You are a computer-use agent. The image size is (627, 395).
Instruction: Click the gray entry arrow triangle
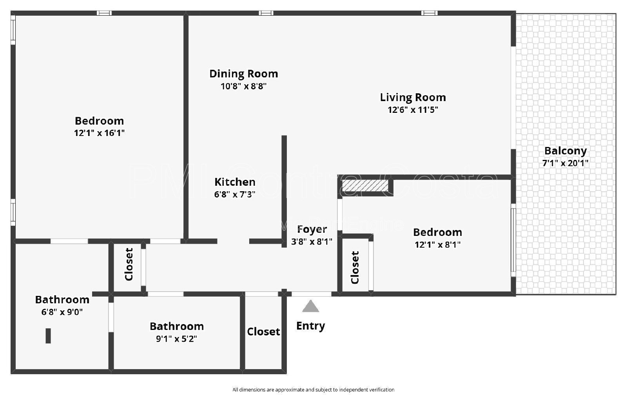coord(310,306)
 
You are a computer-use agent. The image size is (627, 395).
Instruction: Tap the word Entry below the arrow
coord(310,326)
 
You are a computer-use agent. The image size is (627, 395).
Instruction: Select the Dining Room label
coord(243,74)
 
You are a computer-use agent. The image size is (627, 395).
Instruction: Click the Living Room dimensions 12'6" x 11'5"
coord(413,109)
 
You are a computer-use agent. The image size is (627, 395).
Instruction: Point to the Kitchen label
coord(235,182)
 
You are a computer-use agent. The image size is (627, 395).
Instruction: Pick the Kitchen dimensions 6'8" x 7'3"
coord(235,194)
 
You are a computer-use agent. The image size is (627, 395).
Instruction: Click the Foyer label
coord(312,230)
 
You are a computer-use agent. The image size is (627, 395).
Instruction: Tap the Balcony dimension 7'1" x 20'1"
coord(565,163)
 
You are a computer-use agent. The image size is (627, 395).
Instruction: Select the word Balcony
coord(565,151)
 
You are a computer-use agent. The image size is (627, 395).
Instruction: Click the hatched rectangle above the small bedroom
coord(365,186)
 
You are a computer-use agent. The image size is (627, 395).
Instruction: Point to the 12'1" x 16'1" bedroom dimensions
coord(99,133)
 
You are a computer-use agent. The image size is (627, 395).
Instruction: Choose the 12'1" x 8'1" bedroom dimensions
coord(437,245)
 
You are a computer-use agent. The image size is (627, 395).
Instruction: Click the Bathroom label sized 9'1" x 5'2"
coord(177,326)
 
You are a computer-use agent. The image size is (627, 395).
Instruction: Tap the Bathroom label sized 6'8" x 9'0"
coord(62,300)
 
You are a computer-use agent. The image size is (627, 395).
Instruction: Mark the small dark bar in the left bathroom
coord(48,336)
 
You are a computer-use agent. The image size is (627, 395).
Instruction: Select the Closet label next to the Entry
coord(263,332)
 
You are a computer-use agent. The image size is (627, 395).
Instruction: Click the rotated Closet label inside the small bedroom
coord(355,267)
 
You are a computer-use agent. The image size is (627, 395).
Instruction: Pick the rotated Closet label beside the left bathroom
coord(129,264)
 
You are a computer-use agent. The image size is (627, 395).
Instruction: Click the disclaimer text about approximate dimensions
coord(313,390)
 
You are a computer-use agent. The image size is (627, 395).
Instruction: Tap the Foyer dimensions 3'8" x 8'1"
coord(312,241)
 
